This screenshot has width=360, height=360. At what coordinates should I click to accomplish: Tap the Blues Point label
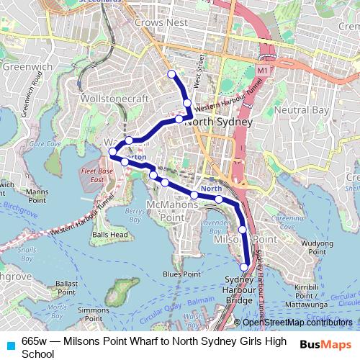click(181, 274)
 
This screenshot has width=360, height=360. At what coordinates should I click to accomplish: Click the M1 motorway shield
click(261, 71)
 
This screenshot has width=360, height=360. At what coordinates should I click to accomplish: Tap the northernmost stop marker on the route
click(171, 74)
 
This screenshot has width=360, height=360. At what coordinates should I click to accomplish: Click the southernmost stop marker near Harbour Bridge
click(244, 267)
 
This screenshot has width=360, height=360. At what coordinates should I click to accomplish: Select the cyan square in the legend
click(9, 342)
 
